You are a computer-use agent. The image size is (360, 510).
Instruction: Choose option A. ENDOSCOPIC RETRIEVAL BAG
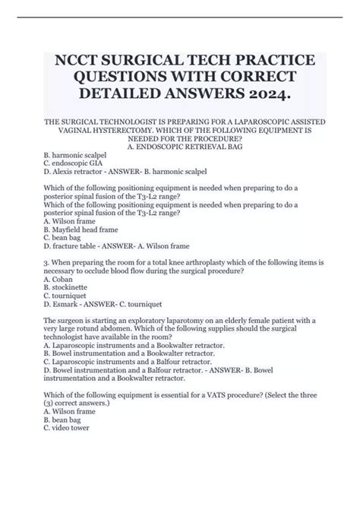tap(180, 150)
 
